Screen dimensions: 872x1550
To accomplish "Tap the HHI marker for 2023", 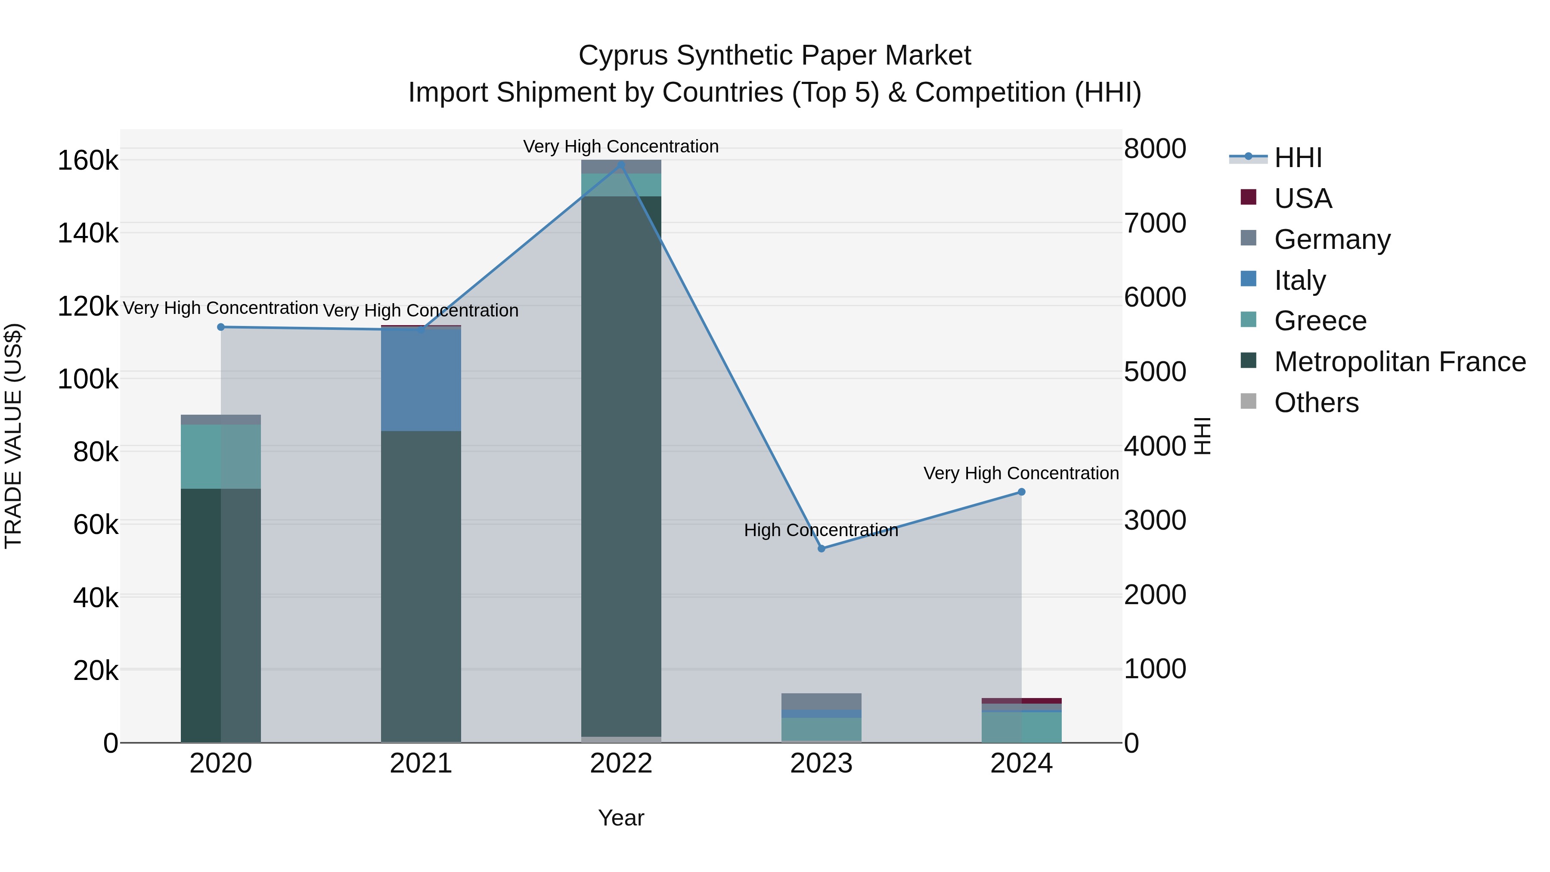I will pyautogui.click(x=821, y=548).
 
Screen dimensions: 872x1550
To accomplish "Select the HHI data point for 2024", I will pyautogui.click(x=1021, y=492).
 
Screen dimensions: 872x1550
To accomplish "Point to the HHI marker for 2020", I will pyautogui.click(x=221, y=327).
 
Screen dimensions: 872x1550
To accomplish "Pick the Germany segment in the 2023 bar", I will pyautogui.click(x=821, y=701).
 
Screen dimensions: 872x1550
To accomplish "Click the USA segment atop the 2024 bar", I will pyautogui.click(x=1021, y=701).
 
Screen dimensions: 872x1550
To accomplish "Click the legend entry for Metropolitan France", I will pyautogui.click(x=1400, y=362).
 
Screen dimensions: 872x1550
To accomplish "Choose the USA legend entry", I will pyautogui.click(x=1303, y=199).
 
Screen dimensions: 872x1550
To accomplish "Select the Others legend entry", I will pyautogui.click(x=1316, y=403).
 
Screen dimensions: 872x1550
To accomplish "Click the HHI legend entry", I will pyautogui.click(x=1298, y=158).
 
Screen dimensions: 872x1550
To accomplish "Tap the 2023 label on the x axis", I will pyautogui.click(x=821, y=763).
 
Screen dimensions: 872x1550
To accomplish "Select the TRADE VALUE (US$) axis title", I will pyautogui.click(x=14, y=436).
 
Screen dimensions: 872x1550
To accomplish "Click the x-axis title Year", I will pyautogui.click(x=621, y=818).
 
